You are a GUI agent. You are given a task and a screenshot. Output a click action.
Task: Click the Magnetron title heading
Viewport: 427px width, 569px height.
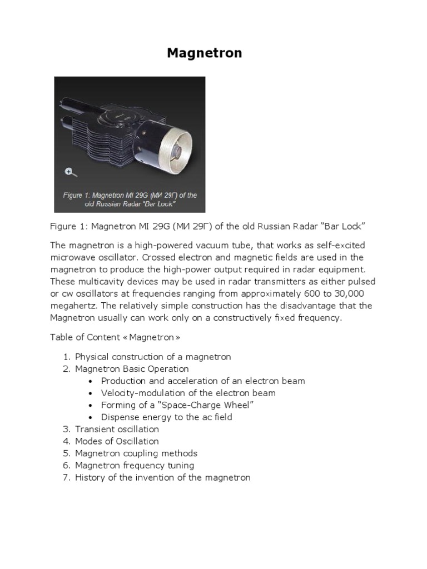pyautogui.click(x=205, y=53)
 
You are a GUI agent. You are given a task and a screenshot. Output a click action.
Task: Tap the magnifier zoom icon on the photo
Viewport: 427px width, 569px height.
pyautogui.click(x=68, y=171)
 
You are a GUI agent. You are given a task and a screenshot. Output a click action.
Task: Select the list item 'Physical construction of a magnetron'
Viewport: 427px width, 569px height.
pyautogui.click(x=153, y=357)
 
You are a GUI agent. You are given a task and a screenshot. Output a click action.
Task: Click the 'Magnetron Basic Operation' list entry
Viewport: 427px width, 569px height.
pyautogui.click(x=132, y=369)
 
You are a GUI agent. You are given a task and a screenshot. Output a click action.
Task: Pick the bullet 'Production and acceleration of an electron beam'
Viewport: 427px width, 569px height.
pyautogui.click(x=203, y=381)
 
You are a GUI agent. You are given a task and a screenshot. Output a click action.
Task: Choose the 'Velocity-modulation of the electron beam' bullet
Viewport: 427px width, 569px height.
pyautogui.click(x=188, y=393)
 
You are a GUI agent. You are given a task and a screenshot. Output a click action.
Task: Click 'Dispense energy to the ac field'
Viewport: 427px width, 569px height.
pyautogui.click(x=166, y=417)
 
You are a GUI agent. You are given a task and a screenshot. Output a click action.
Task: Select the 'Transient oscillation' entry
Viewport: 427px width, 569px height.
pyautogui.click(x=117, y=430)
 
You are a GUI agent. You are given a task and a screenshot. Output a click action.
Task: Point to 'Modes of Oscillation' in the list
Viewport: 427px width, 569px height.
pyautogui.click(x=117, y=441)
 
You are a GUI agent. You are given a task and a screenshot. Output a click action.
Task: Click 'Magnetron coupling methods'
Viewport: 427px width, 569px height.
pyautogui.click(x=136, y=453)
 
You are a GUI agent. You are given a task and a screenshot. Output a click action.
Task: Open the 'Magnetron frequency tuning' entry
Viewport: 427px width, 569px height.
pyautogui.click(x=135, y=466)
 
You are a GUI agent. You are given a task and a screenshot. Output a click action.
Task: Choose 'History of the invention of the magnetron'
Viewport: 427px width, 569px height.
pyautogui.click(x=162, y=477)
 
